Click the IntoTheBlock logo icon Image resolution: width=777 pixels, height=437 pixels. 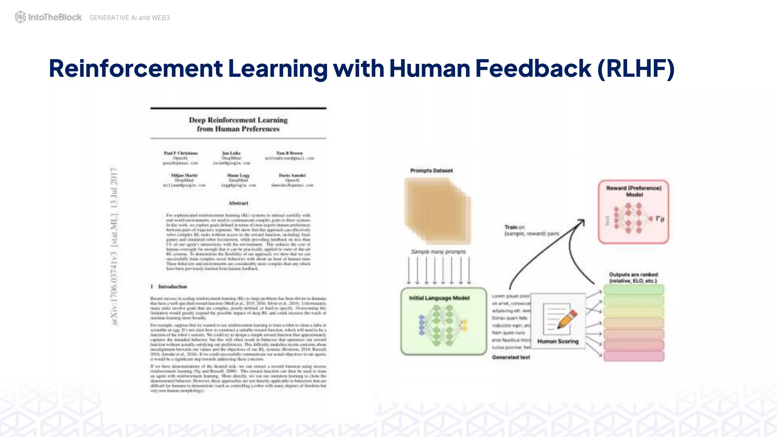20,17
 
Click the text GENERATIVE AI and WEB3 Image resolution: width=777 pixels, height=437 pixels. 129,18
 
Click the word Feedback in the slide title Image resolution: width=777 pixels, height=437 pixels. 533,69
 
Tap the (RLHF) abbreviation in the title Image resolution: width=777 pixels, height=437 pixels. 636,69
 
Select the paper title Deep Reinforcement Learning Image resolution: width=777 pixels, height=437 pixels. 238,120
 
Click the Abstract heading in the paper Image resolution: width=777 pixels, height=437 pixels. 238,203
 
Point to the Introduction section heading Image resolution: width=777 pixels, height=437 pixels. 172,287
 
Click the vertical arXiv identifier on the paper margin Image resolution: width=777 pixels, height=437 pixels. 114,247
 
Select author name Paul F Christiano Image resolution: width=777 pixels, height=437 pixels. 181,153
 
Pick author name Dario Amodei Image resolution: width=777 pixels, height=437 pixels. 292,175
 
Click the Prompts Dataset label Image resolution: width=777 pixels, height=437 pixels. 431,171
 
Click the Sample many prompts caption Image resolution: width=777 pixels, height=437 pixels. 438,252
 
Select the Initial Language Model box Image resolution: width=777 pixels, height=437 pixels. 444,321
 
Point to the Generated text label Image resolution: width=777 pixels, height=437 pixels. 511,357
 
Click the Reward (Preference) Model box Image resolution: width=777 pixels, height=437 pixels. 633,212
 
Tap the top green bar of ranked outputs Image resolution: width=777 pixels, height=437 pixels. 634,290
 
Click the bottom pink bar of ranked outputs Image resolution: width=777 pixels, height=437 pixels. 634,356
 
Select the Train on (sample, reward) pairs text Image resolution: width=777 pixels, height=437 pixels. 531,230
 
